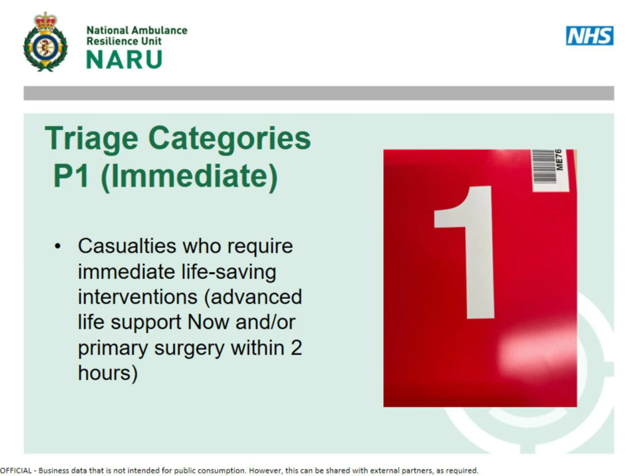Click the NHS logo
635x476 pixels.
click(590, 36)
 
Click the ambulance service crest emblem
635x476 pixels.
click(45, 42)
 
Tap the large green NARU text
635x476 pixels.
click(124, 59)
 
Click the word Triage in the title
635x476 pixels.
click(91, 139)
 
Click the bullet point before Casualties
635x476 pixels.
click(58, 246)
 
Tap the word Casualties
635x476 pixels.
click(127, 246)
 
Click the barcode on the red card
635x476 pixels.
click(544, 166)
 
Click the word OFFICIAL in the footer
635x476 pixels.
click(16, 471)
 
